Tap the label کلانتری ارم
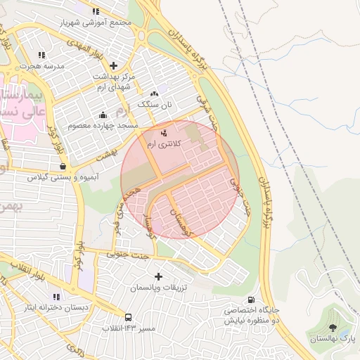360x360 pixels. tap(163, 143)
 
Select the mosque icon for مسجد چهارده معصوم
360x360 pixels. tap(103, 115)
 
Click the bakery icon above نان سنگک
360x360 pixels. tap(155, 94)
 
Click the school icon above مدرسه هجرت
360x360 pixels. tap(42, 54)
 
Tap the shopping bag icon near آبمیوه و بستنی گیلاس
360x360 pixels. tap(64, 167)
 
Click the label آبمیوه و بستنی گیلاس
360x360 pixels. tap(51, 177)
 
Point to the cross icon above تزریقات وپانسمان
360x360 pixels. tap(158, 277)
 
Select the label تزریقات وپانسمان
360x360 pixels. tap(158, 288)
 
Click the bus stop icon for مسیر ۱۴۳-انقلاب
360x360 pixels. tap(128, 318)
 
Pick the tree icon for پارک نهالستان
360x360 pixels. tap(333, 328)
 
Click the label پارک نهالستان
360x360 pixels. tap(333, 339)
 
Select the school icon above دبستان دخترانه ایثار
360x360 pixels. tap(56, 297)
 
